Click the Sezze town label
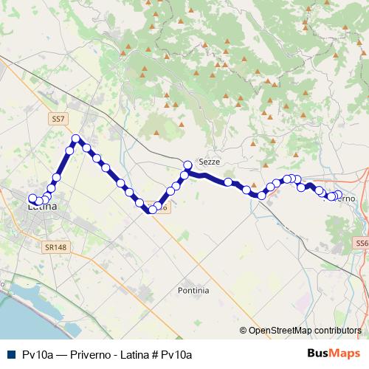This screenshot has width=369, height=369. [210, 162]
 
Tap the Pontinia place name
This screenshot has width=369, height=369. [193, 291]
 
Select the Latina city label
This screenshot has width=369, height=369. [41, 207]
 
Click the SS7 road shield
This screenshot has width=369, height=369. [58, 118]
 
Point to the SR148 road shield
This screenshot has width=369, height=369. [54, 247]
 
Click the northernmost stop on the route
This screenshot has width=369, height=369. [75, 139]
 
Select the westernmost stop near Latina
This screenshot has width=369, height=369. [32, 198]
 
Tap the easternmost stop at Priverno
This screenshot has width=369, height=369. [339, 195]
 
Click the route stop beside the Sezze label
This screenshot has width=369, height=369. [188, 165]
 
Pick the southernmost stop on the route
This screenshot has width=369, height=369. [152, 210]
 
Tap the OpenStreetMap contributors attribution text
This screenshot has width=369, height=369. [305, 330]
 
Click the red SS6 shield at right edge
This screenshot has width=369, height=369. [360, 243]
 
